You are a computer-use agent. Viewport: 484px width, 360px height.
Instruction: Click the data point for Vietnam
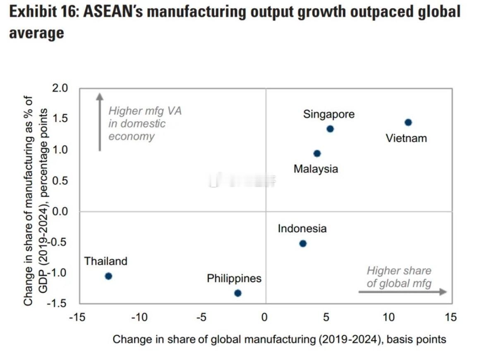tap(408, 122)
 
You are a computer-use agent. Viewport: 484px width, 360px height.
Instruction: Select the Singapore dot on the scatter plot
tap(330, 129)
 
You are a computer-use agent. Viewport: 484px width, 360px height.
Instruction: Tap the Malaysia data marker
tap(317, 153)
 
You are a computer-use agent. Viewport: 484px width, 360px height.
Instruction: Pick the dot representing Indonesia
tap(302, 243)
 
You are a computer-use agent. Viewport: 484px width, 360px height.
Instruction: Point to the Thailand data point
tap(108, 276)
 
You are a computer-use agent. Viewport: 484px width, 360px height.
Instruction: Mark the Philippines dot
tap(237, 293)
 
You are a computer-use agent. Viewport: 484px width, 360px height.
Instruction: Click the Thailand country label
tap(106, 261)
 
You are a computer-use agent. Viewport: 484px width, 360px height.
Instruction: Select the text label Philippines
tap(234, 279)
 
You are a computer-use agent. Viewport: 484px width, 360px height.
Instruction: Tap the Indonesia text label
tap(302, 229)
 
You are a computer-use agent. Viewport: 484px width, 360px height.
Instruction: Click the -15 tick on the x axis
tap(77, 317)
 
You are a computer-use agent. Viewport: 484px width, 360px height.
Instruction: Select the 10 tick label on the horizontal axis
tap(389, 317)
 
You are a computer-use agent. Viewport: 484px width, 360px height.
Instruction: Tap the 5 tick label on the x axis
tap(326, 317)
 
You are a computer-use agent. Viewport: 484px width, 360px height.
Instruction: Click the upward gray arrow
tap(99, 122)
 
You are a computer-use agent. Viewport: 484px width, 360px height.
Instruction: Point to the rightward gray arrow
tap(402, 292)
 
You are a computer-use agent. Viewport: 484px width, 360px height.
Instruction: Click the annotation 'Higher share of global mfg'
tap(399, 277)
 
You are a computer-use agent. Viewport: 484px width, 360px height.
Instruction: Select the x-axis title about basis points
tap(280, 339)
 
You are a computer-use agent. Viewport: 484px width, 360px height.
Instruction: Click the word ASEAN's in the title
tap(112, 12)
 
